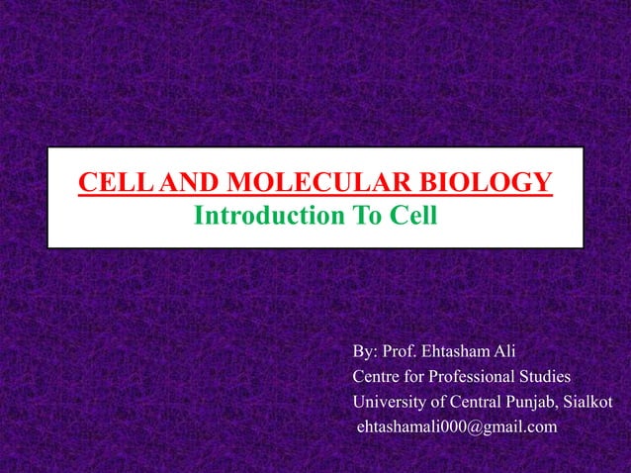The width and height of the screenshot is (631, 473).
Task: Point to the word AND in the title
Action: tap(188, 183)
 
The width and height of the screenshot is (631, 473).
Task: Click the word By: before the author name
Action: tap(365, 352)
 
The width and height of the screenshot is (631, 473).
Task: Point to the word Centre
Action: tap(377, 377)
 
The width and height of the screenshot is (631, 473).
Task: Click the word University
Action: tap(387, 402)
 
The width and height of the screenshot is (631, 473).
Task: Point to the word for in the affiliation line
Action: tap(417, 377)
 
